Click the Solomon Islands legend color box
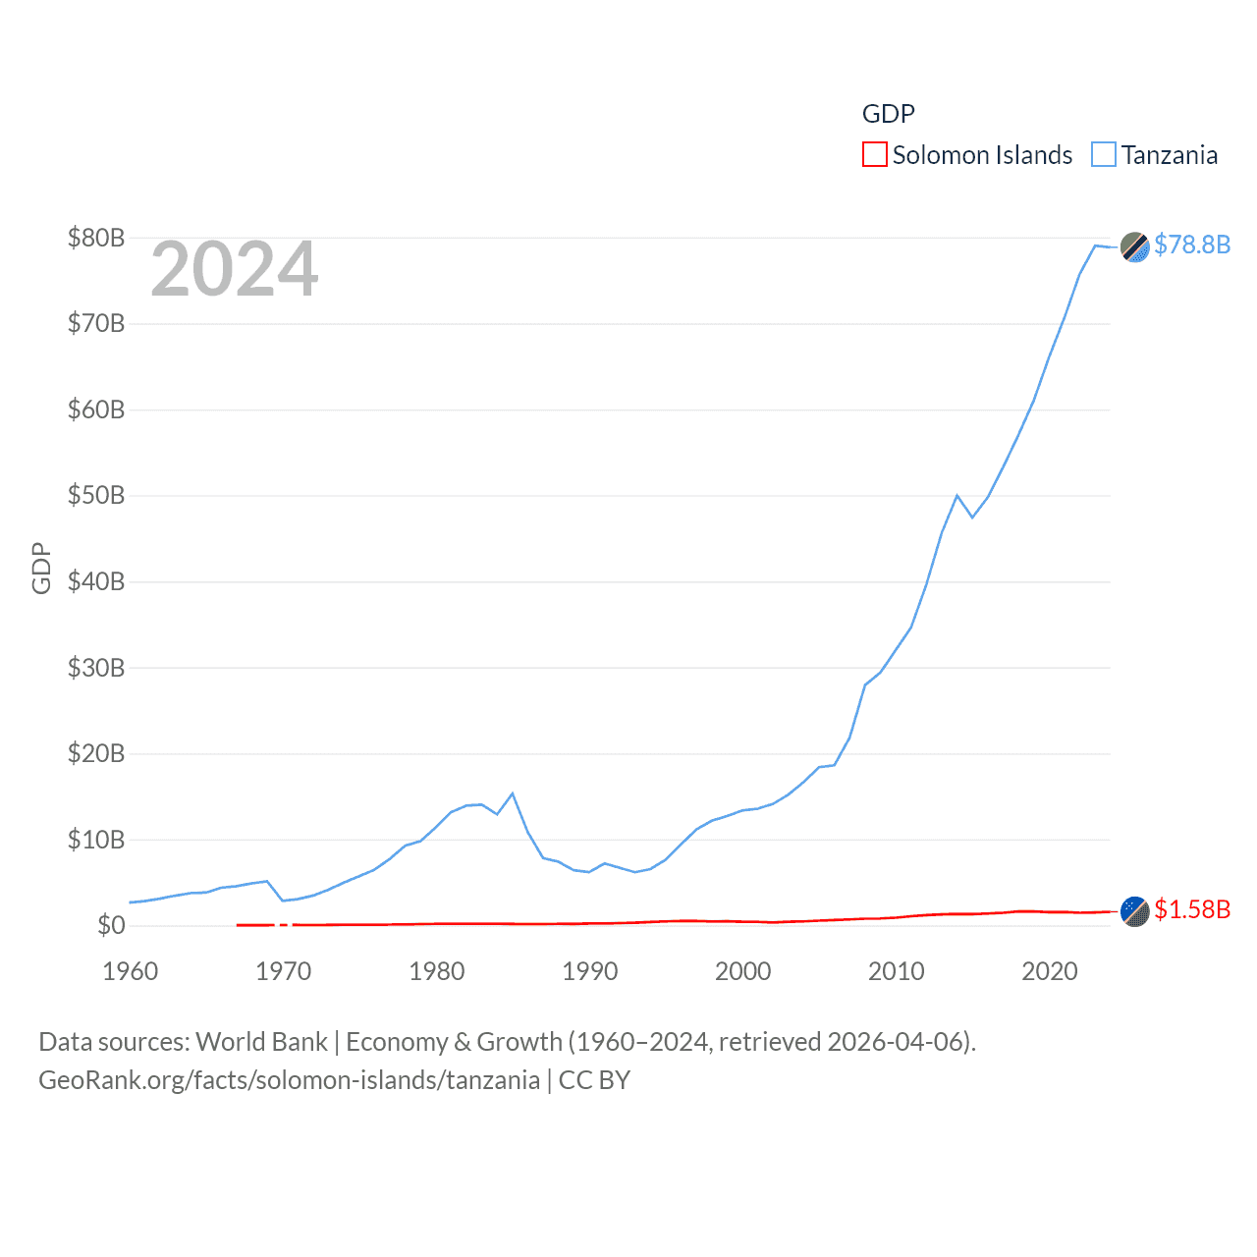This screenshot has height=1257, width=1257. [874, 155]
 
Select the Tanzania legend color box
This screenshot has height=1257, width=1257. [1104, 155]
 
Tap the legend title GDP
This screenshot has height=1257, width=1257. [888, 114]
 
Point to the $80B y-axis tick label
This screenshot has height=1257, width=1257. [96, 238]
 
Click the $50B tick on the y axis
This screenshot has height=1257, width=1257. [96, 495]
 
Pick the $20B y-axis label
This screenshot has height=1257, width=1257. [96, 753]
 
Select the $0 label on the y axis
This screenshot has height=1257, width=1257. [111, 925]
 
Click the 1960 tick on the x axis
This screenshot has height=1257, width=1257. [131, 971]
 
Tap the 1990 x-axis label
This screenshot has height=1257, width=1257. [590, 971]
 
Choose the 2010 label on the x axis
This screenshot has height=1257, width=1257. [897, 971]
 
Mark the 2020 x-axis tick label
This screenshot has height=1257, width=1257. [1050, 971]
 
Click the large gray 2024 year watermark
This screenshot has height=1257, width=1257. [235, 269]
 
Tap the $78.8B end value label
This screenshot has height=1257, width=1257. [1192, 245]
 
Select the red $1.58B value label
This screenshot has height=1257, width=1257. [1192, 909]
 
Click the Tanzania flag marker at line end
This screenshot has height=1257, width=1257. [1135, 247]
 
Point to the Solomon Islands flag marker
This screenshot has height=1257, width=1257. [1135, 911]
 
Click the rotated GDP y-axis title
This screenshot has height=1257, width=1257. [41, 568]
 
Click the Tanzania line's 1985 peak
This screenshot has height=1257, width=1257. [513, 793]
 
